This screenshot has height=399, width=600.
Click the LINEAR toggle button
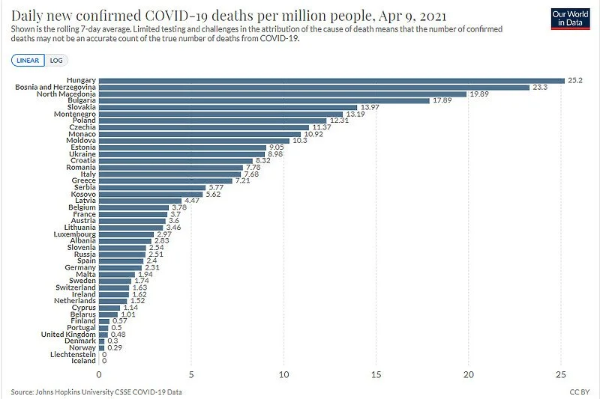click(x=28, y=61)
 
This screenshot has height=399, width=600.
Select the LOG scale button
click(x=56, y=61)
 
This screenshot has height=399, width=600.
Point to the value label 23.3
click(x=541, y=88)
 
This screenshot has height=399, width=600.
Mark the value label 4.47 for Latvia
click(x=193, y=201)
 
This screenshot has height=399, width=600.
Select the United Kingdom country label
click(x=69, y=334)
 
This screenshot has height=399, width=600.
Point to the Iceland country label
click(x=84, y=361)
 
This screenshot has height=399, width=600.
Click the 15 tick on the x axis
click(x=376, y=374)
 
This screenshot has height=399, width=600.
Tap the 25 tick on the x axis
click(x=561, y=374)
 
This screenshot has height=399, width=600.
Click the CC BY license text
click(x=579, y=392)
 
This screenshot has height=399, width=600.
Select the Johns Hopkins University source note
click(x=96, y=392)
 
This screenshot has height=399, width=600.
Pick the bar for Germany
click(x=120, y=267)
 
